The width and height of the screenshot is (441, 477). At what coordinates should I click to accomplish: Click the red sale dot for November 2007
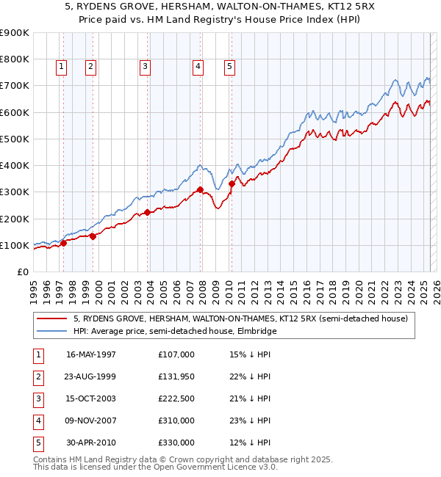(x=201, y=190)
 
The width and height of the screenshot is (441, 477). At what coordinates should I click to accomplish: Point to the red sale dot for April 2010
(x=232, y=184)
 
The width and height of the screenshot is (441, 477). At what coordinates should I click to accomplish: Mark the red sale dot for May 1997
(x=64, y=244)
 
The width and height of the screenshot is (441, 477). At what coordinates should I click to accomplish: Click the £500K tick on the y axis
(x=15, y=139)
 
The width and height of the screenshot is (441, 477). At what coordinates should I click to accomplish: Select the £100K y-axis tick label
(x=15, y=245)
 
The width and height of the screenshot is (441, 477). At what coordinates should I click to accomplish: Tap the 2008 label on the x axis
(x=202, y=290)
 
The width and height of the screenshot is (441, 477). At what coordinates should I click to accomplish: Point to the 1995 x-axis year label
(x=33, y=290)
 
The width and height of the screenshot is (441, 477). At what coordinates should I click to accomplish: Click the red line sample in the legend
(x=51, y=318)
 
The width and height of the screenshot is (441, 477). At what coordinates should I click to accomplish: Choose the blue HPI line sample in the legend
(x=51, y=331)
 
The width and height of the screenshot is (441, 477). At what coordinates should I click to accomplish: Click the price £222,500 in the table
(x=176, y=398)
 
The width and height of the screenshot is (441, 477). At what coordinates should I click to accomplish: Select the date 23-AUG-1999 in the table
(x=91, y=376)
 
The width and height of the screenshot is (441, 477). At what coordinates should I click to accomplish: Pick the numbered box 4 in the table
(x=37, y=420)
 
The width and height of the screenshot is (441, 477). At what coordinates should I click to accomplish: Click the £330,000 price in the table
(x=176, y=443)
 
